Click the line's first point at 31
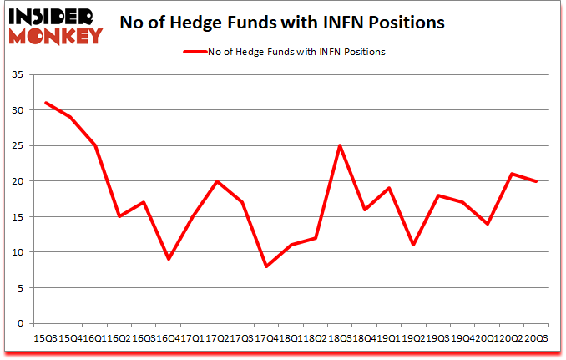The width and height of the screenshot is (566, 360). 47,103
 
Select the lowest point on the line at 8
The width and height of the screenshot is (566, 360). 266,266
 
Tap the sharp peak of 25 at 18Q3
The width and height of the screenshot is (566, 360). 340,145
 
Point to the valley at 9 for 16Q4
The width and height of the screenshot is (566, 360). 169,259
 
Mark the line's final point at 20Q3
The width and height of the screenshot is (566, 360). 536,181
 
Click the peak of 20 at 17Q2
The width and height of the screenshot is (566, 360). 217,181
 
